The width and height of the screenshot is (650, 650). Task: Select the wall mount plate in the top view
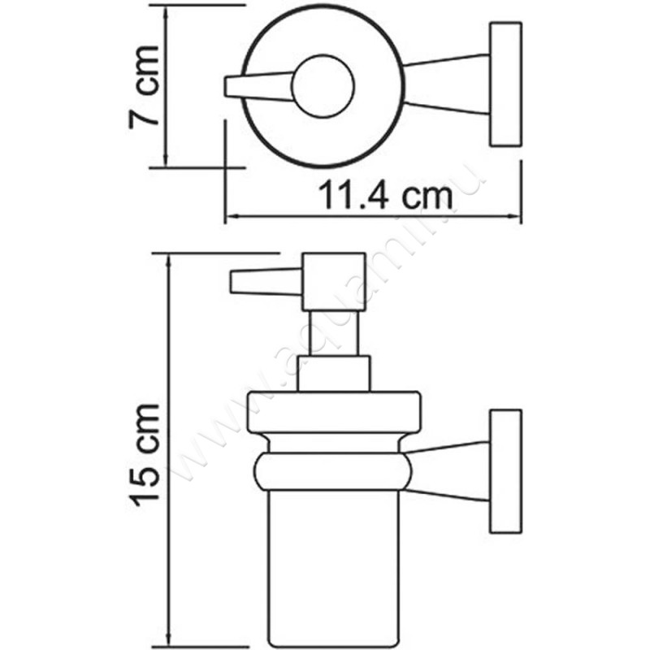[x=505, y=85]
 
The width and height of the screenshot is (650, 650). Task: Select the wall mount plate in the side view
[x=505, y=471]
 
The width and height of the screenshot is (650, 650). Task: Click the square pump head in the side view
[x=332, y=281]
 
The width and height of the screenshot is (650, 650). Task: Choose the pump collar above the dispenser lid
[x=334, y=374]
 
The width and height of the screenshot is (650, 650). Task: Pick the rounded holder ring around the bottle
[x=334, y=471]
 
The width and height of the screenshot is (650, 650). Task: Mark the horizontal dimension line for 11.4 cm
[x=374, y=217]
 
